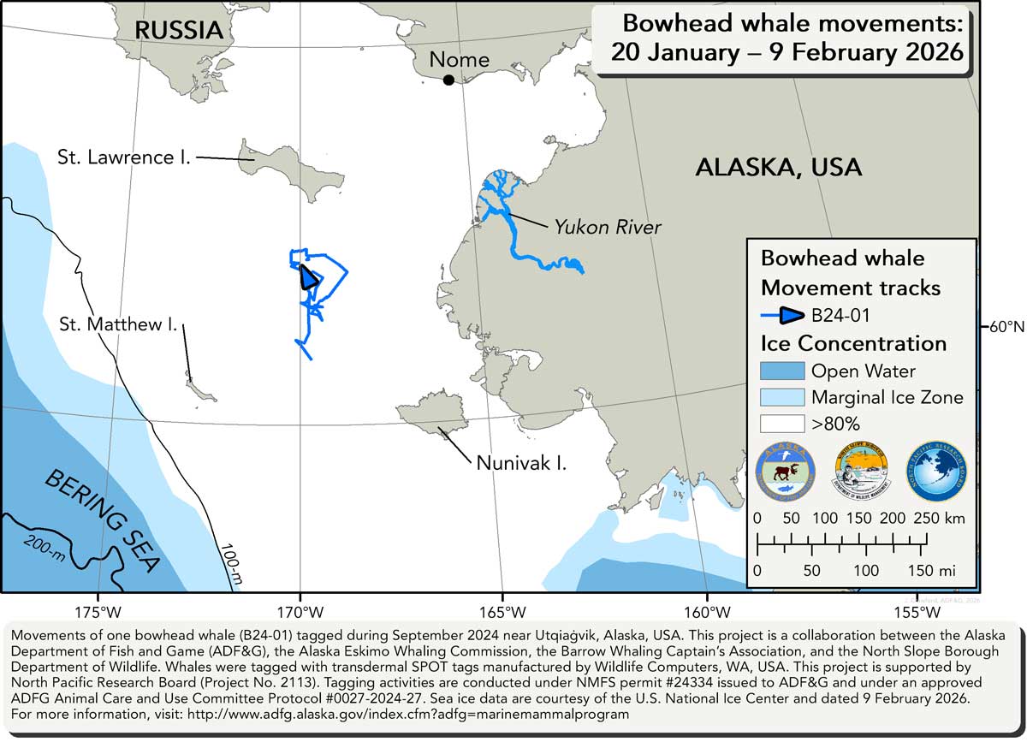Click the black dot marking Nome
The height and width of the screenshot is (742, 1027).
pyautogui.click(x=448, y=80)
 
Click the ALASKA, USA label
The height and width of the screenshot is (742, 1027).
pyautogui.click(x=778, y=167)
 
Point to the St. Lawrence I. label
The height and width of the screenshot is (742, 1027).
pyautogui.click(x=124, y=157)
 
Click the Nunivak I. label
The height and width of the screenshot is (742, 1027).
pyautogui.click(x=522, y=465)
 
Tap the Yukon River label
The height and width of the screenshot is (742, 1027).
pyautogui.click(x=608, y=227)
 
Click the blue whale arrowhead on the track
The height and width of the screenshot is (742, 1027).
pyautogui.click(x=308, y=278)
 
